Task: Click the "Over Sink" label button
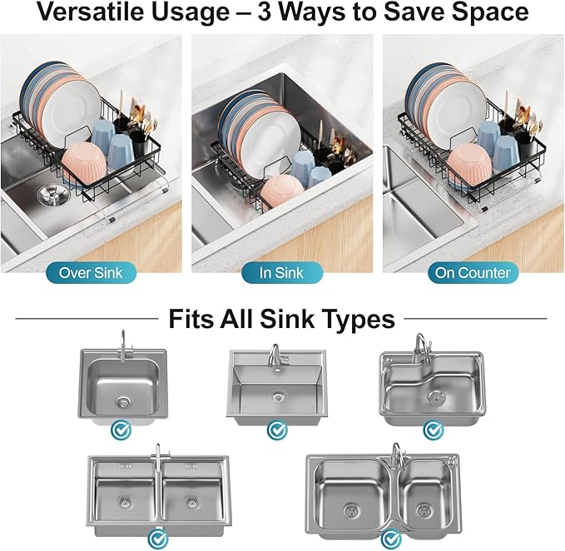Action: (x=90, y=272)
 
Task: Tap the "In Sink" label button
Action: (x=283, y=272)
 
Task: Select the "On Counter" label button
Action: (x=473, y=272)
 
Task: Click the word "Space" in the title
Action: (x=491, y=13)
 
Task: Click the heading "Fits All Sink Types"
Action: (x=281, y=319)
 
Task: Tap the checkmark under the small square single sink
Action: (x=122, y=430)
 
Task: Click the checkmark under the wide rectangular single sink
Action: (x=276, y=430)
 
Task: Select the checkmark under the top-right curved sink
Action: (x=433, y=430)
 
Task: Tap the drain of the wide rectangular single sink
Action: (x=276, y=397)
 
